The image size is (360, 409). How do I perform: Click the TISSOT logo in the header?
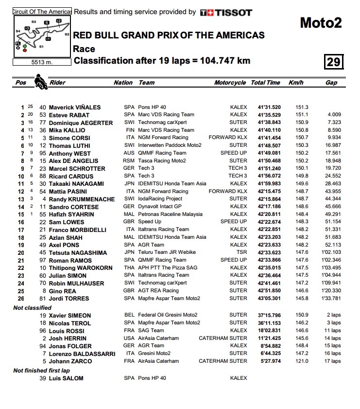(x=226, y=12)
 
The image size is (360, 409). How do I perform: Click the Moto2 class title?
(x=320, y=23)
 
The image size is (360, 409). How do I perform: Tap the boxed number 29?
(x=334, y=62)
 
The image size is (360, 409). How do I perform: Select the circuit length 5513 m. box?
(x=42, y=62)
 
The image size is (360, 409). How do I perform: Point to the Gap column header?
(x=331, y=83)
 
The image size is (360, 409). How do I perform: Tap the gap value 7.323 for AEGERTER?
(x=334, y=123)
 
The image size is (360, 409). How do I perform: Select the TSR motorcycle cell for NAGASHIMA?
(x=241, y=253)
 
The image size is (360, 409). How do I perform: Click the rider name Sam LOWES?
(x=66, y=222)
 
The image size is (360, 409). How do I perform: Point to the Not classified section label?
(x=32, y=308)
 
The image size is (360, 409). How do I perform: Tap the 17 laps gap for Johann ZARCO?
(x=333, y=361)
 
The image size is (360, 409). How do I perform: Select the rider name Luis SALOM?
(x=66, y=378)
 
